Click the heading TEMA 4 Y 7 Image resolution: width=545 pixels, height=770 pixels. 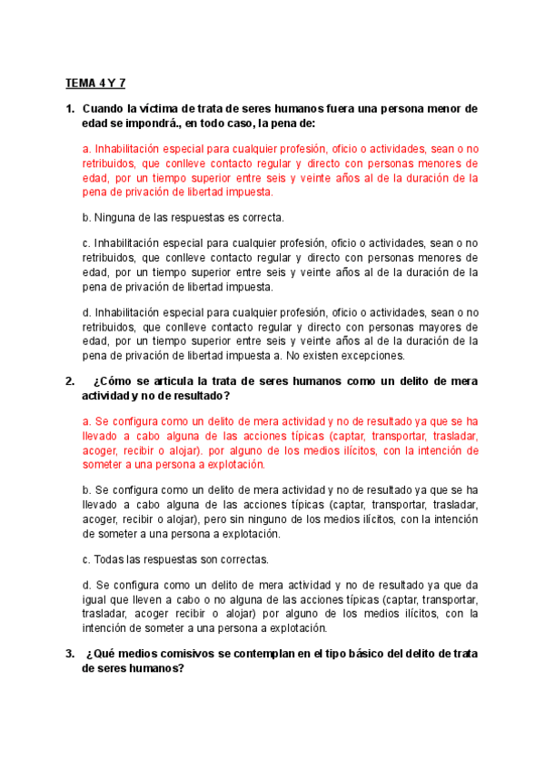coord(94,84)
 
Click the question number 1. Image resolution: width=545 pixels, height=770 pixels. coord(69,109)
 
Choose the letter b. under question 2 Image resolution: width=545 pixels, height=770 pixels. coord(86,490)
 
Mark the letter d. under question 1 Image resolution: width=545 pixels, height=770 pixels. coord(86,313)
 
